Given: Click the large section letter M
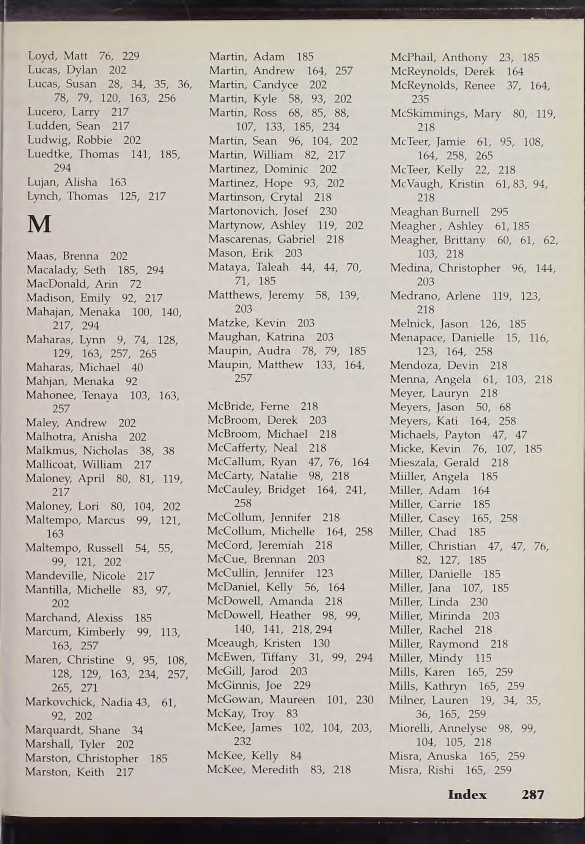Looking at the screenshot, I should click(x=39, y=225).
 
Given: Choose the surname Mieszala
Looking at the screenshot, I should click(x=412, y=462).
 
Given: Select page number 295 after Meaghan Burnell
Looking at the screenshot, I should click(x=499, y=212).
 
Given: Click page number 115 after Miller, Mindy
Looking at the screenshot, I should click(x=483, y=658).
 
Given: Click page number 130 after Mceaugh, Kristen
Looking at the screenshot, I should click(x=321, y=643).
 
